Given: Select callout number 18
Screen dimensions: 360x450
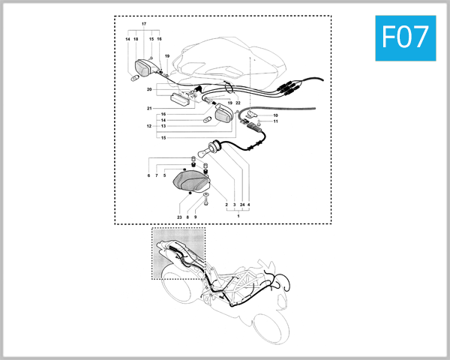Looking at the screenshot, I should click(136, 39).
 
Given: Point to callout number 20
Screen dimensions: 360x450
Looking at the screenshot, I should click(150, 89).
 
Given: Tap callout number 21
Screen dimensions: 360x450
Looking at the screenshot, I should click(150, 109).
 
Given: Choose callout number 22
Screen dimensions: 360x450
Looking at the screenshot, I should click(238, 103).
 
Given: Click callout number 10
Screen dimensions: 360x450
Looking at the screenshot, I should click(275, 115).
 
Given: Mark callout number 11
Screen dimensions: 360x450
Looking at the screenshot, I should click(275, 121).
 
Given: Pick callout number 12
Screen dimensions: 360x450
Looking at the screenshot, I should click(150, 126).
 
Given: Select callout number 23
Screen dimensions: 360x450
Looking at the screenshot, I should click(179, 217).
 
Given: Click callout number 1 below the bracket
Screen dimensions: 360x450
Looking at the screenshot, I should click(238, 216).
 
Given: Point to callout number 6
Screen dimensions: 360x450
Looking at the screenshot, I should click(148, 175).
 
